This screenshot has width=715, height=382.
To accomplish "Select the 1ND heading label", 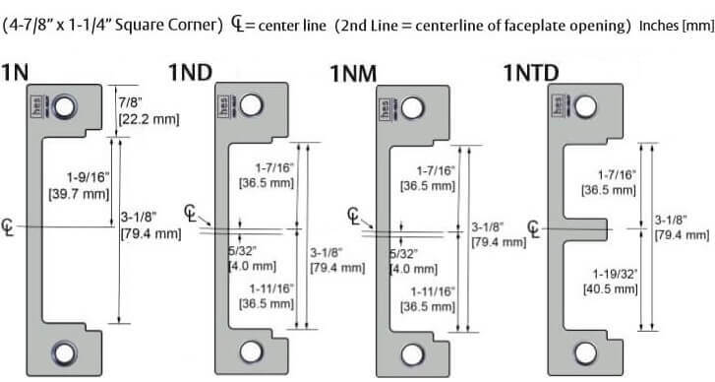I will [x=192, y=73].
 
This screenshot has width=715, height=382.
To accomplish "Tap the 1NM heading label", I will [x=356, y=73].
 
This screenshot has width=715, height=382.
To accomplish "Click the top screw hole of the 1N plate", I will [x=67, y=104].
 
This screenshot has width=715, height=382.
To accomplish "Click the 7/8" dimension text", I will [x=131, y=102].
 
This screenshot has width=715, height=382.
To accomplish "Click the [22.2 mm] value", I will [x=147, y=119].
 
